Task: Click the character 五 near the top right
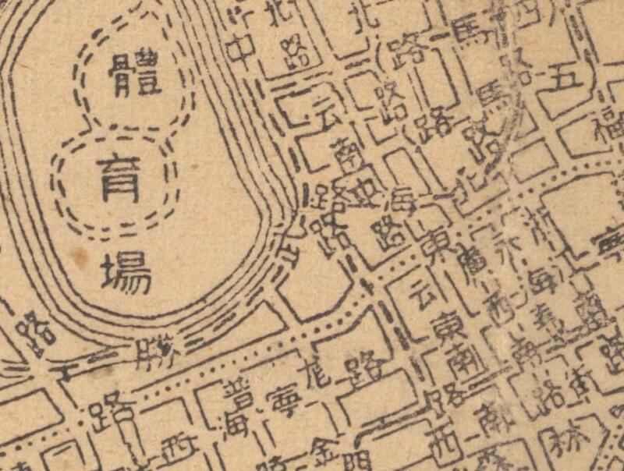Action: [567, 76]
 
